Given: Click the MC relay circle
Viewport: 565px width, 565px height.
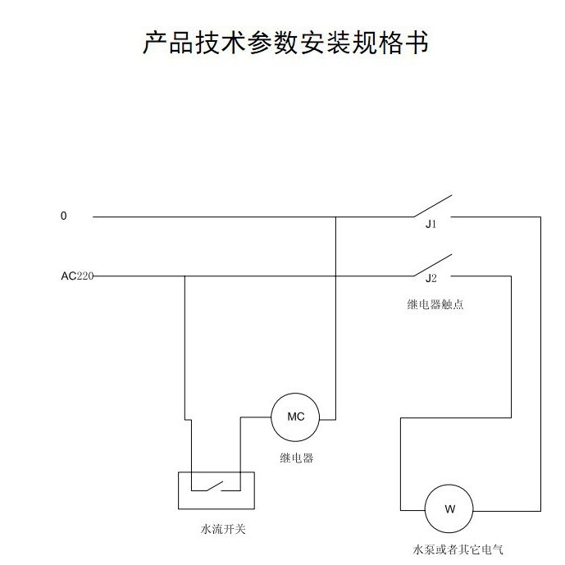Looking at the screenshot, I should pyautogui.click(x=296, y=417).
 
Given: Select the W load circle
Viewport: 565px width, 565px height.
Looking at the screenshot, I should pyautogui.click(x=449, y=508).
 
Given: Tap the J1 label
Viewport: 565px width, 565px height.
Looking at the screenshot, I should pyautogui.click(x=431, y=224).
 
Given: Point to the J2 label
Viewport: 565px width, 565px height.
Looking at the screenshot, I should pyautogui.click(x=431, y=279).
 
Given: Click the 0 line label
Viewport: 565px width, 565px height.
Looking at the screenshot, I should pyautogui.click(x=64, y=216).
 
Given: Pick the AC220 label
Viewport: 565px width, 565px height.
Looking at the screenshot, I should pyautogui.click(x=77, y=276).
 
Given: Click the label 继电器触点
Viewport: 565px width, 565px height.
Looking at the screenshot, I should pyautogui.click(x=430, y=304).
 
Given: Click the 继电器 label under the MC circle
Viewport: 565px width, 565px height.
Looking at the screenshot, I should pyautogui.click(x=297, y=458).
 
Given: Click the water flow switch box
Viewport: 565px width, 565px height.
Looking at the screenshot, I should pyautogui.click(x=216, y=490).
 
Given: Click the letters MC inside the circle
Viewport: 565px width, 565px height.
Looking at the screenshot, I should pyautogui.click(x=296, y=417).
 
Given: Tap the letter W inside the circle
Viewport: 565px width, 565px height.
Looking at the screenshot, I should pyautogui.click(x=449, y=508).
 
